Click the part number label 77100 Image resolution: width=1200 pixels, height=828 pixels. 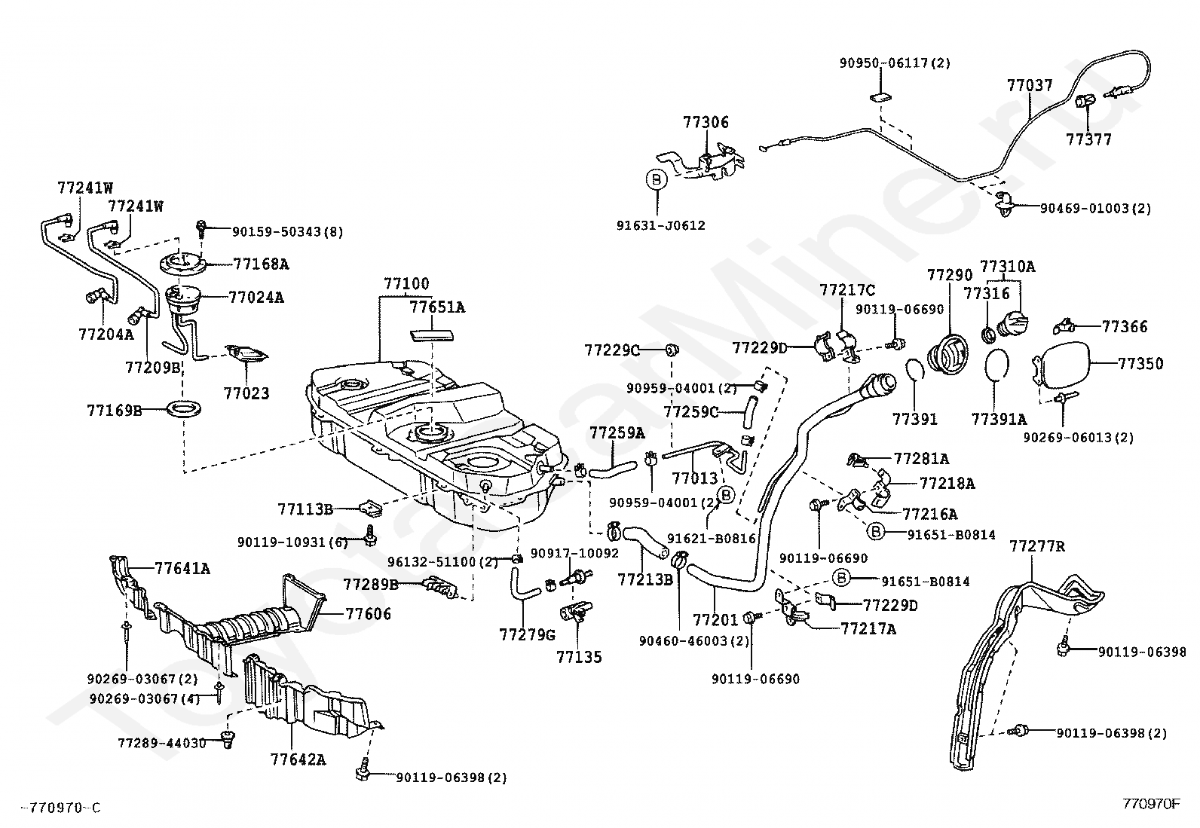pyautogui.click(x=406, y=284)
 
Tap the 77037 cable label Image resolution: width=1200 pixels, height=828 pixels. pyautogui.click(x=1030, y=85)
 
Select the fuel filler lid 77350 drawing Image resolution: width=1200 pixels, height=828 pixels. pyautogui.click(x=1064, y=364)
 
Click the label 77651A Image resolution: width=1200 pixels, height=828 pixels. pyautogui.click(x=437, y=307)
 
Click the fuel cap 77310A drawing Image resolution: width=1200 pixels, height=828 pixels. pyautogui.click(x=1010, y=325)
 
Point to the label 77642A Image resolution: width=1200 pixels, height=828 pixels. pyautogui.click(x=298, y=759)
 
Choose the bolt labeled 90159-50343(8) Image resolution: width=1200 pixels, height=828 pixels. pyautogui.click(x=202, y=227)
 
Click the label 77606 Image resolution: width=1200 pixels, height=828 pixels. pyautogui.click(x=369, y=614)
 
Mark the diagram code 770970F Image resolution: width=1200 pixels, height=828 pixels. pyautogui.click(x=1151, y=804)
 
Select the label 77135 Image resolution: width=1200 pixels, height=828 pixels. pyautogui.click(x=579, y=657)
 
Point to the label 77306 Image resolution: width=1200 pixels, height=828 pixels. pyautogui.click(x=706, y=122)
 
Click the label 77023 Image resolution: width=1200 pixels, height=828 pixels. pyautogui.click(x=246, y=393)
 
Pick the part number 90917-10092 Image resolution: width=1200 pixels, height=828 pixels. pyautogui.click(x=574, y=553)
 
